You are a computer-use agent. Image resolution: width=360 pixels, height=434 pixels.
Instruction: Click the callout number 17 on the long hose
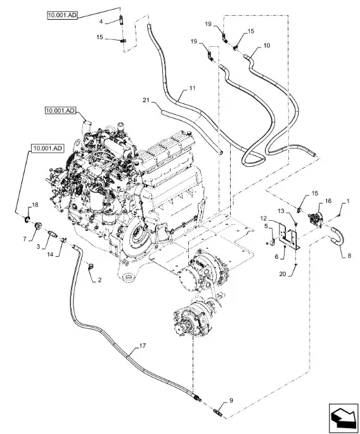tap(143, 346)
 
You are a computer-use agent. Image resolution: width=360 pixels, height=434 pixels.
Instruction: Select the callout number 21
tap(146, 100)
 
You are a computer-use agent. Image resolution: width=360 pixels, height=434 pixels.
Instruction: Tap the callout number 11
tap(193, 88)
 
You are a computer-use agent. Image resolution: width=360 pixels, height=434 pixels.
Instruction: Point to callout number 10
tap(267, 46)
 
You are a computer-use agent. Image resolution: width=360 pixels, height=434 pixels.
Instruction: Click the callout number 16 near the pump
tap(328, 201)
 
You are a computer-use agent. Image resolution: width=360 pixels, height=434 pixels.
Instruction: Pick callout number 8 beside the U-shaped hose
tap(349, 256)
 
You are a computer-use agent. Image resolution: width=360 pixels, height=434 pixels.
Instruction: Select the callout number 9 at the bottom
tap(231, 400)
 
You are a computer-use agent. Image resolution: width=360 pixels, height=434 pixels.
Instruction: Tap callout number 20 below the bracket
tap(283, 274)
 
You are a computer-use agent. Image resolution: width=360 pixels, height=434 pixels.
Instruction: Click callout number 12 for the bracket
tap(264, 219)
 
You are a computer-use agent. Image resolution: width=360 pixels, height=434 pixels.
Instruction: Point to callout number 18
tap(35, 205)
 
